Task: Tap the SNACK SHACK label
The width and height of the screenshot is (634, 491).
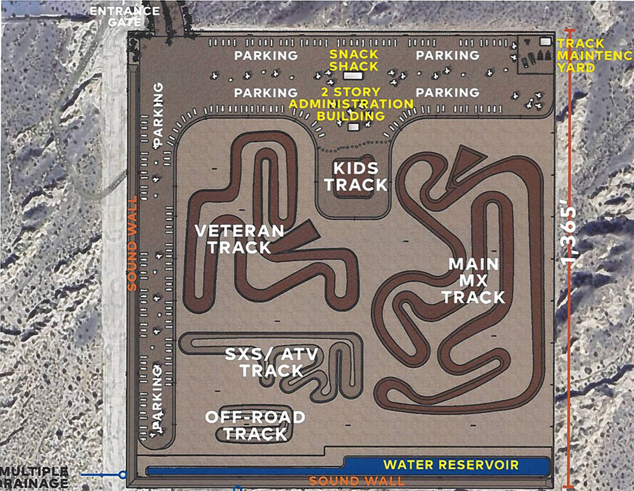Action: click(354, 60)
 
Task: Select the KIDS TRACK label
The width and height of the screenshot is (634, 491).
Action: click(356, 177)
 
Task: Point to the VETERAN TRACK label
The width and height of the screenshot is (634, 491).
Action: click(239, 239)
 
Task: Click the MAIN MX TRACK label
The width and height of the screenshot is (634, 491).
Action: click(473, 280)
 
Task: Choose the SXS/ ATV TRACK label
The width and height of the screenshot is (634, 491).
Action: click(272, 363)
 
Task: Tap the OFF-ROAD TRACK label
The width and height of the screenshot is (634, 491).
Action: click(255, 425)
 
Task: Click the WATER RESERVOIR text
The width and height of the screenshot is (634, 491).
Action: click(451, 465)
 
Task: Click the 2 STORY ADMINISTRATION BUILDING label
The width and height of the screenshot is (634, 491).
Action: click(352, 104)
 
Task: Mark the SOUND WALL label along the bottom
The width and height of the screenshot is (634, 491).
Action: click(357, 481)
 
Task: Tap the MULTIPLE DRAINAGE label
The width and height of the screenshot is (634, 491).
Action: click(34, 477)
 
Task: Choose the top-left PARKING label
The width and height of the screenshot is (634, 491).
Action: click(266, 55)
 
